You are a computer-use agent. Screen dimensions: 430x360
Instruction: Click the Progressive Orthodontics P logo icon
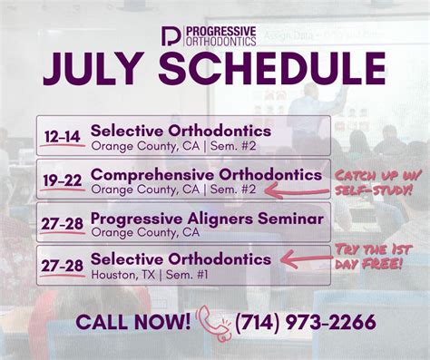pyautogui.click(x=171, y=36)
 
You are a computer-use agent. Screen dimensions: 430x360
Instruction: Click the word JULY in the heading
pyautogui.click(x=94, y=69)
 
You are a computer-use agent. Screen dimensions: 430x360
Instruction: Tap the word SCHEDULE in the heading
pyautogui.click(x=272, y=69)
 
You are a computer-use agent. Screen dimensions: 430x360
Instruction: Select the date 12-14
pyautogui.click(x=63, y=137)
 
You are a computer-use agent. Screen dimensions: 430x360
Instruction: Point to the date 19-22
pyautogui.click(x=63, y=180)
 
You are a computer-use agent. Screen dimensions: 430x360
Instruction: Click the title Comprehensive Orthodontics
pyautogui.click(x=206, y=175)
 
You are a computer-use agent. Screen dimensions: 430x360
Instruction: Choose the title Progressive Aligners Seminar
pyautogui.click(x=207, y=219)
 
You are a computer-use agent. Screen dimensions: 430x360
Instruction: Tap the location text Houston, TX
pyautogui.click(x=123, y=275)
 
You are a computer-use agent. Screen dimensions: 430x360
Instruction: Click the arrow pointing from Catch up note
pyautogui.click(x=297, y=191)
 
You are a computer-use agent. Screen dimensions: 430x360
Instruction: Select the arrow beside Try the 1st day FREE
pyautogui.click(x=306, y=259)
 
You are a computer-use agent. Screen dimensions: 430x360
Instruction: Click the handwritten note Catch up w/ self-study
pyautogui.click(x=377, y=183)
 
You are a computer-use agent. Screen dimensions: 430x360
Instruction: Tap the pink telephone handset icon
pyautogui.click(x=213, y=323)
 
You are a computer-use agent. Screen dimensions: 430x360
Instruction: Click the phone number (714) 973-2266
pyautogui.click(x=306, y=322)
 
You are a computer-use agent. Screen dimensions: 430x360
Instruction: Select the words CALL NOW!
pyautogui.click(x=133, y=322)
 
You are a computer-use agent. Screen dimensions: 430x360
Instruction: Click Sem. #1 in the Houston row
pyautogui.click(x=187, y=275)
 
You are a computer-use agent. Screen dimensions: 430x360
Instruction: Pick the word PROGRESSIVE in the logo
pyautogui.click(x=221, y=32)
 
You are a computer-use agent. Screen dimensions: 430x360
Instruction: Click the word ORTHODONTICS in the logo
pyautogui.click(x=221, y=42)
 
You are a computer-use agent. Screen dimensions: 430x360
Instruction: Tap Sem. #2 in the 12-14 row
pyautogui.click(x=233, y=146)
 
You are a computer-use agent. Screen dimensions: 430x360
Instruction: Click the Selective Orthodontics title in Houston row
pyautogui.click(x=181, y=259)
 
